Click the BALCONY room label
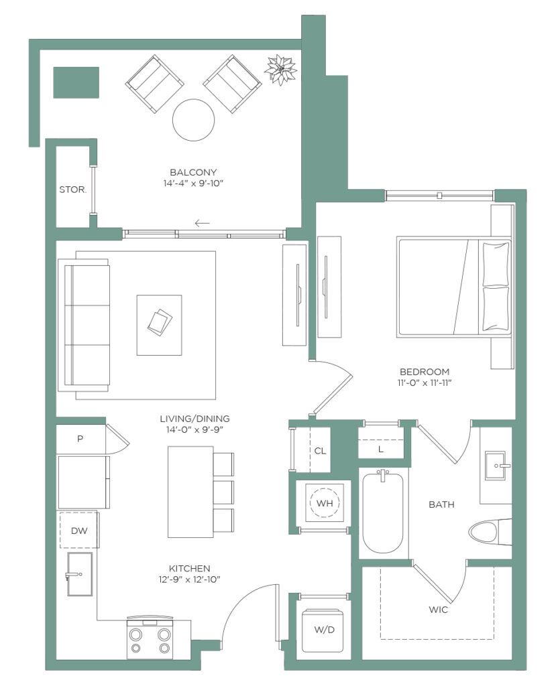[x=193, y=172]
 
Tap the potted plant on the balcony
[x=280, y=70]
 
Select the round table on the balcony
[x=193, y=121]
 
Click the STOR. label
[x=72, y=190]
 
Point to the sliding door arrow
[x=202, y=224]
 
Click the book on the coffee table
[x=160, y=322]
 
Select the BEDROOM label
[x=425, y=372]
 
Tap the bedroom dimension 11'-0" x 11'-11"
[x=425, y=383]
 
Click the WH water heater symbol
[x=325, y=503]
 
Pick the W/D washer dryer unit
[x=324, y=630]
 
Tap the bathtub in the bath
[x=382, y=512]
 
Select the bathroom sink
[x=498, y=466]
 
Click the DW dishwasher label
[x=79, y=531]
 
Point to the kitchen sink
[x=80, y=574]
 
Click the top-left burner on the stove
[x=136, y=634]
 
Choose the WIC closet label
[x=439, y=610]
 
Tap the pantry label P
[x=80, y=438]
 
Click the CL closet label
[x=321, y=451]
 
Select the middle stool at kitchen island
[x=223, y=492]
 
